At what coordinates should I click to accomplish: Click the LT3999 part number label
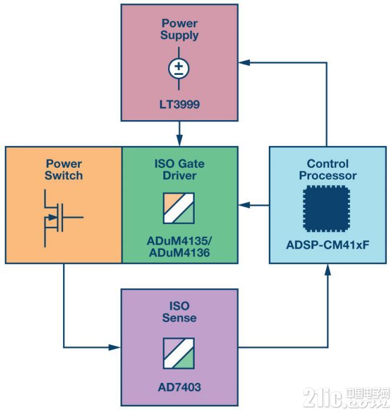tap(179, 105)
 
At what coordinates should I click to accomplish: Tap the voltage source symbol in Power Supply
tap(179, 69)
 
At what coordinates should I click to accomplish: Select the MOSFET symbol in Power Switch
tap(63, 218)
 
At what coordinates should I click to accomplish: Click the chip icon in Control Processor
tap(326, 209)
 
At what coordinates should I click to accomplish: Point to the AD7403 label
tap(179, 387)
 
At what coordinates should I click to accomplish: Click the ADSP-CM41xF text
tap(328, 245)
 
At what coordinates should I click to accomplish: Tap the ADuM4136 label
tap(179, 253)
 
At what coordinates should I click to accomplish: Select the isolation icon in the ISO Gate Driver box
tap(179, 208)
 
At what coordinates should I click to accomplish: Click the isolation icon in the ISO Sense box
tap(179, 353)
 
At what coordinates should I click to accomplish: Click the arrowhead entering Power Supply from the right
tap(244, 62)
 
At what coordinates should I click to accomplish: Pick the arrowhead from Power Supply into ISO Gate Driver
tap(179, 141)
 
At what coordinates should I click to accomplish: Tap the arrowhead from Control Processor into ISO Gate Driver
tap(244, 205)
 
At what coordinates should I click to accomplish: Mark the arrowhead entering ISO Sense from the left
tap(114, 348)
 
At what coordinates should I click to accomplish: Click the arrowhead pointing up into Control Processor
tap(328, 270)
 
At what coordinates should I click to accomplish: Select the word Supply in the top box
tap(179, 35)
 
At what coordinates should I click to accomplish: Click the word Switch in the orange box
tap(64, 176)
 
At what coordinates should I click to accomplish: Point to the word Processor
tap(328, 176)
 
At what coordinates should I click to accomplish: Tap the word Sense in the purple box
tap(179, 318)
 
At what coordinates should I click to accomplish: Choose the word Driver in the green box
tap(179, 176)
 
